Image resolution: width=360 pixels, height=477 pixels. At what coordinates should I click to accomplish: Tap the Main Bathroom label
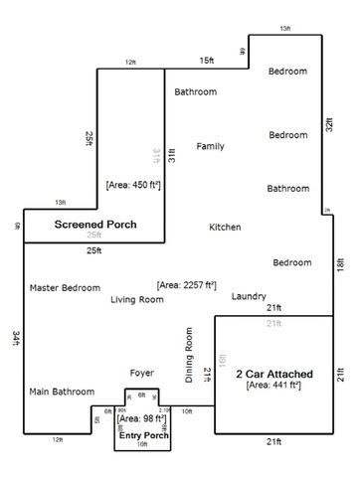(x=61, y=391)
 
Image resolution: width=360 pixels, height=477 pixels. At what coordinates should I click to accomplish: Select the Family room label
(x=210, y=146)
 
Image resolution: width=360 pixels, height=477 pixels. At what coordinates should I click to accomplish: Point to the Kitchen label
(x=225, y=228)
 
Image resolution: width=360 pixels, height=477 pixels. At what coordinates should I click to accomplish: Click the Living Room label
(x=136, y=299)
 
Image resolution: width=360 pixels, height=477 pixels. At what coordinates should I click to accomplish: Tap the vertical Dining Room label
(x=188, y=354)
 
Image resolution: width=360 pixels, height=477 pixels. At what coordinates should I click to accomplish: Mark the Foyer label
(x=142, y=373)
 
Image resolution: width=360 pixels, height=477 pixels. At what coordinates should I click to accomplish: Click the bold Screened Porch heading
(x=94, y=225)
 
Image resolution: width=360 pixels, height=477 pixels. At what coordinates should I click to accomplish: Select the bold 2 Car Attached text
(x=273, y=374)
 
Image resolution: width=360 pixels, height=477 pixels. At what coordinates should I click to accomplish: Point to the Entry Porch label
(x=142, y=435)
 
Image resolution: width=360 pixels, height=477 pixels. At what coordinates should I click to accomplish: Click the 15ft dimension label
(x=206, y=61)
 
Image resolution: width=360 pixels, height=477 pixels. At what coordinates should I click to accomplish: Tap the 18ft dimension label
(x=339, y=265)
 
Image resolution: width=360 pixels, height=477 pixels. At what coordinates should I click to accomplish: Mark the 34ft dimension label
(x=16, y=338)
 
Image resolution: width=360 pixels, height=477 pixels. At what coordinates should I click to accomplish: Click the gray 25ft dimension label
(x=93, y=236)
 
